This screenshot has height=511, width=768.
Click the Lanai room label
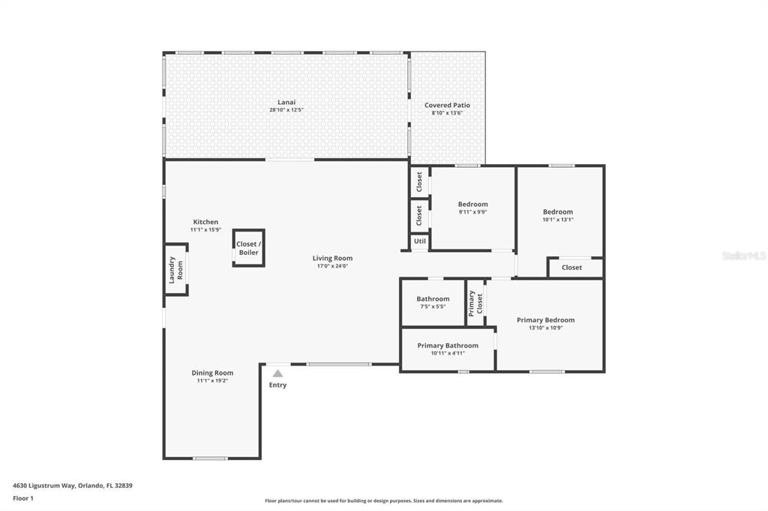pos(286,103)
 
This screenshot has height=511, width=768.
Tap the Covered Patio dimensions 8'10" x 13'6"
pos(447,113)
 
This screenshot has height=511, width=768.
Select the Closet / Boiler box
pos(249,248)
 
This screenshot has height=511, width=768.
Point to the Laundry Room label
pos(175,270)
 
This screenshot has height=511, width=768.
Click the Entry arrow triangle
pos(277,373)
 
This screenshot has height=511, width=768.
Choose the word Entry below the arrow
pos(277,385)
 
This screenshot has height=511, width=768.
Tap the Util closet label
pos(420,241)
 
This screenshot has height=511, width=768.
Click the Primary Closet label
pos(475,303)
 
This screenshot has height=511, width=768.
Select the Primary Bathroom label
pos(448,345)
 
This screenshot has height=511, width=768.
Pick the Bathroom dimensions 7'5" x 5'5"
pos(433,307)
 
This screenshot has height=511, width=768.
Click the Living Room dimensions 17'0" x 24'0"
pos(332,266)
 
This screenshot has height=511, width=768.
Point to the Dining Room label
pos(212,373)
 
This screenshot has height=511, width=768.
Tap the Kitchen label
pos(205,223)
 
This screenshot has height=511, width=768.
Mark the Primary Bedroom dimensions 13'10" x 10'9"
pos(546,328)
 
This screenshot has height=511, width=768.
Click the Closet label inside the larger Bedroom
pos(572,267)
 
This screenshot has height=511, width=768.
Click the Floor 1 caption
pos(23,499)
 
